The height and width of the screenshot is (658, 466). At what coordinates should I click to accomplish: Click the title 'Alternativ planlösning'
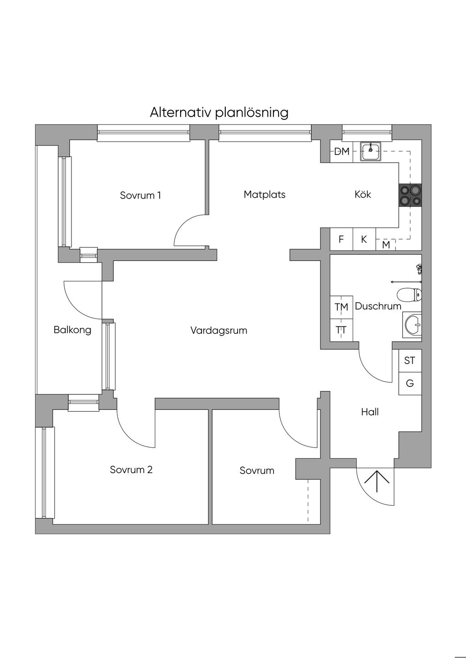pyautogui.click(x=219, y=112)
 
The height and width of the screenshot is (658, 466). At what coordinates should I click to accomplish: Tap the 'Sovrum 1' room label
pyautogui.click(x=140, y=195)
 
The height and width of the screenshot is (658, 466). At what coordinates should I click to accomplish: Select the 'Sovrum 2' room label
pyautogui.click(x=131, y=469)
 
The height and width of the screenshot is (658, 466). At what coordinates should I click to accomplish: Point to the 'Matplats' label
pyautogui.click(x=264, y=194)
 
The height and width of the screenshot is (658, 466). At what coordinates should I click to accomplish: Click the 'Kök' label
pyautogui.click(x=363, y=194)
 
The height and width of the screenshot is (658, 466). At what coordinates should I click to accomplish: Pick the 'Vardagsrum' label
pyautogui.click(x=218, y=330)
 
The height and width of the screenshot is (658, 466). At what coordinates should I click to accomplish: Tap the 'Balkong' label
pyautogui.click(x=72, y=330)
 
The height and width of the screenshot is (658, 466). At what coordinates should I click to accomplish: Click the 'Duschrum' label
pyautogui.click(x=378, y=306)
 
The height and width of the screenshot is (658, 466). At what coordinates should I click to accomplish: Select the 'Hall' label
pyautogui.click(x=370, y=412)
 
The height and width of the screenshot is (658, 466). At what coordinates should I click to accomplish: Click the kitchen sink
pyautogui.click(x=372, y=151)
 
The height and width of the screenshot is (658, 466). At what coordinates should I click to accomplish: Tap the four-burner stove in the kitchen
pyautogui.click(x=410, y=195)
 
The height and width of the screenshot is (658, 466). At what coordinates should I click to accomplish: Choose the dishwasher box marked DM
pyautogui.click(x=341, y=151)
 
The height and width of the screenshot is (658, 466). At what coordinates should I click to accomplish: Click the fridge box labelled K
pyautogui.click(x=364, y=239)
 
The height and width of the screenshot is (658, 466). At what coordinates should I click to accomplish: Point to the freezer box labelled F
pyautogui.click(x=341, y=239)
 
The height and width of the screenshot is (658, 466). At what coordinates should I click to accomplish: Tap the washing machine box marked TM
pyautogui.click(x=341, y=307)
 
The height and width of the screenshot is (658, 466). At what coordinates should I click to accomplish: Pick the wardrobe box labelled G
pyautogui.click(x=410, y=384)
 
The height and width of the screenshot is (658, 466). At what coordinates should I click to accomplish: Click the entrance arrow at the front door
pyautogui.click(x=377, y=482)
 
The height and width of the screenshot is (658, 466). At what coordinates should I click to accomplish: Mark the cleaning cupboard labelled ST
pyautogui.click(x=410, y=360)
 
